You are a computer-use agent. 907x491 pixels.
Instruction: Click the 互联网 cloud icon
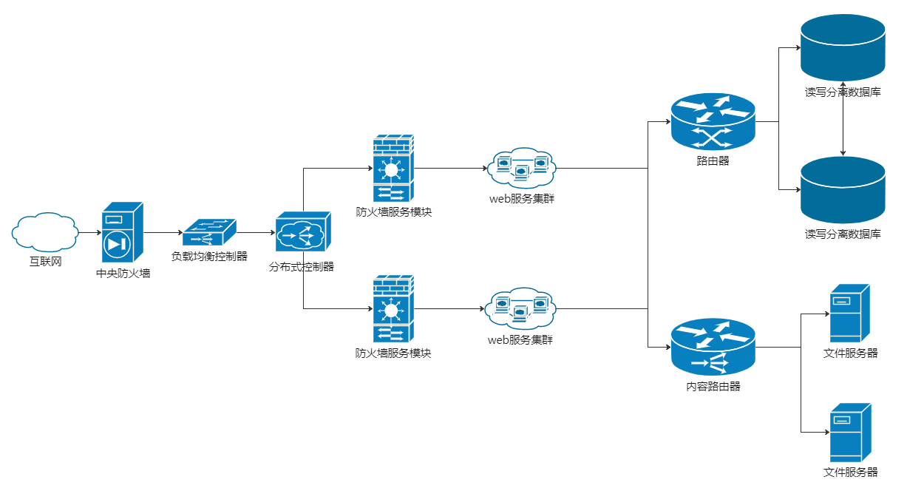pyautogui.click(x=45, y=233)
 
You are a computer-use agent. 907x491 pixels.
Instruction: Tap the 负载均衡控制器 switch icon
pyautogui.click(x=209, y=233)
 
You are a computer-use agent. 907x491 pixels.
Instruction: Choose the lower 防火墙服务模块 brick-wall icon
pyautogui.click(x=393, y=309)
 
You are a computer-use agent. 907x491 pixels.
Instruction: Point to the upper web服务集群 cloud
pyautogui.click(x=521, y=168)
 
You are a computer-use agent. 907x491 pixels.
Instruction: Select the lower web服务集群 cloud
pyautogui.click(x=521, y=309)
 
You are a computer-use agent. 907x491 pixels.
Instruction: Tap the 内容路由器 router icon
pyautogui.click(x=713, y=347)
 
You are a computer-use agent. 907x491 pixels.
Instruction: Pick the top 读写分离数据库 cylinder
pyautogui.click(x=843, y=47)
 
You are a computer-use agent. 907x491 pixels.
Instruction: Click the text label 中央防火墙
pyautogui.click(x=123, y=274)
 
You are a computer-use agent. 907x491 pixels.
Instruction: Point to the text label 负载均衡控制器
pyautogui.click(x=209, y=257)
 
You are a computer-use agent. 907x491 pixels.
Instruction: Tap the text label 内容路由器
pyautogui.click(x=713, y=386)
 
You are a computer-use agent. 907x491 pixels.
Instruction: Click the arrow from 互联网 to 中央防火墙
pyautogui.click(x=89, y=233)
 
